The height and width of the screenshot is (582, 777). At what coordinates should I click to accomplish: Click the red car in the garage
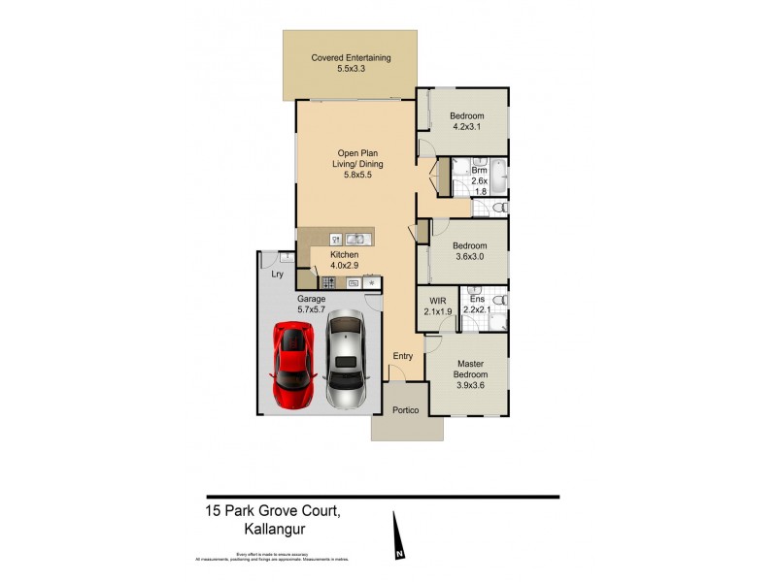coord(293,366)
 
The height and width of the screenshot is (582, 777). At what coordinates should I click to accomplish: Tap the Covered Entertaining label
coord(351,64)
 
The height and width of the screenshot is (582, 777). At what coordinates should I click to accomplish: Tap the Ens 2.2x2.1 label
coord(477,307)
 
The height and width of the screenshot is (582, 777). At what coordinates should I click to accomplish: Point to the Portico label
coord(405,410)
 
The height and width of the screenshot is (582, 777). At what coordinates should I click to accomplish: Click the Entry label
coord(402,356)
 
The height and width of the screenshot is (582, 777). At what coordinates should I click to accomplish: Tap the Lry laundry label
coord(277,275)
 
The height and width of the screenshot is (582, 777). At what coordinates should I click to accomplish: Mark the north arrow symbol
coord(395,539)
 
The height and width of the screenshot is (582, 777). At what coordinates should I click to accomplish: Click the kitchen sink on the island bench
coord(355,238)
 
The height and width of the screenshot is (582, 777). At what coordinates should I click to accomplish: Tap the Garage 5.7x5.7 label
coord(312,305)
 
